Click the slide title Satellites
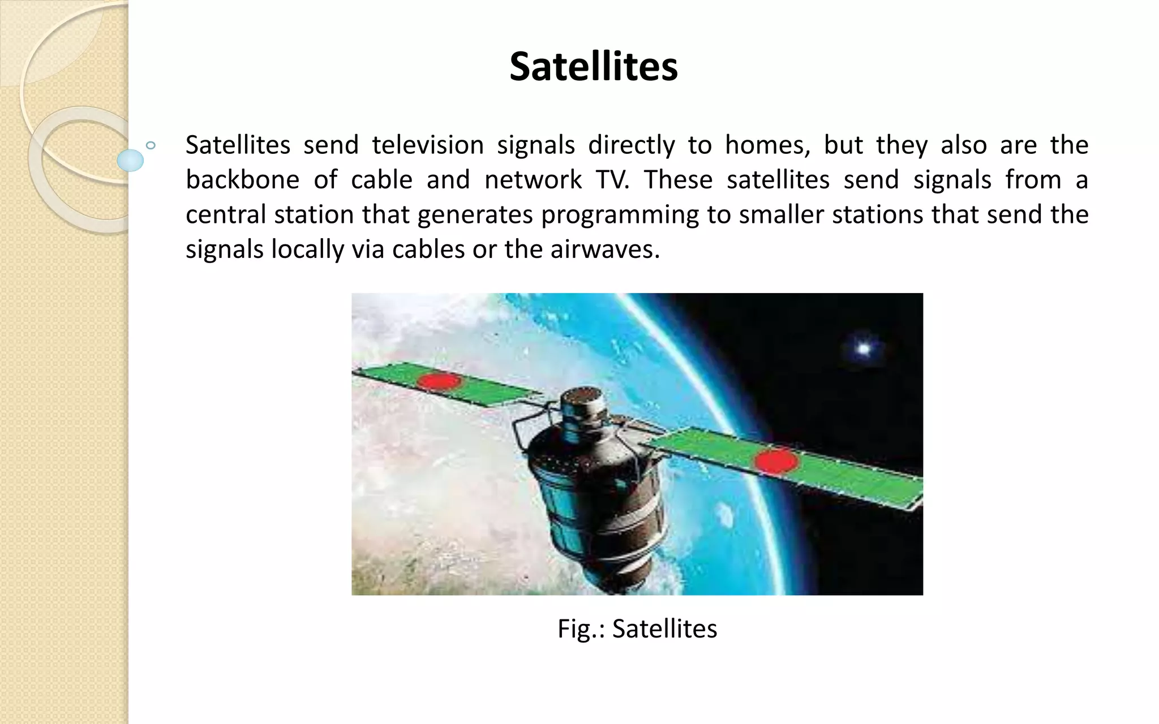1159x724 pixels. click(x=593, y=67)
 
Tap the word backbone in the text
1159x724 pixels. click(x=242, y=180)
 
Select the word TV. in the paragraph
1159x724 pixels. click(x=612, y=180)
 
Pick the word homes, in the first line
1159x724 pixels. click(x=767, y=145)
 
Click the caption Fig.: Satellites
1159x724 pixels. click(x=637, y=629)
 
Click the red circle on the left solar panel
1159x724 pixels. click(x=439, y=381)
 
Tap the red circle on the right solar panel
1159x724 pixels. click(x=776, y=461)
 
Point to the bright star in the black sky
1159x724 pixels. click(x=863, y=348)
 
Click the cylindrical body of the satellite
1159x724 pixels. click(x=594, y=498)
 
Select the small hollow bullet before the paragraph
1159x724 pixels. click(x=151, y=145)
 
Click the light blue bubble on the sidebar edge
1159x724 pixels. click(x=130, y=160)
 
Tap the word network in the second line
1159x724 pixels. click(x=533, y=180)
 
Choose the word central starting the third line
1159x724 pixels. click(x=225, y=215)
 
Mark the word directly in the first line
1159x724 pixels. click(x=631, y=145)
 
